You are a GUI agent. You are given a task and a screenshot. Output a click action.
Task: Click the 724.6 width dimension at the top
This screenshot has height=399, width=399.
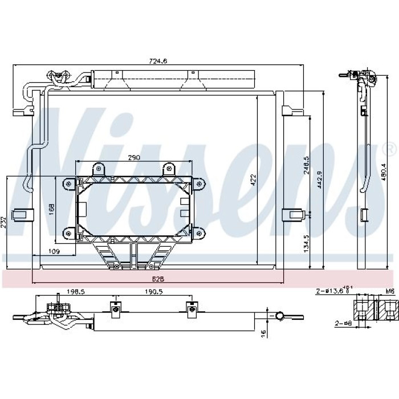coord(158,61)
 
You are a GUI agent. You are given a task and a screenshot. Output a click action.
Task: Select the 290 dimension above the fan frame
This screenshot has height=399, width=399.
coord(134,158)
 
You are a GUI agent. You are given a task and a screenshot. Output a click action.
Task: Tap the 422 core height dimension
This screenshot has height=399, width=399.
coord(253,180)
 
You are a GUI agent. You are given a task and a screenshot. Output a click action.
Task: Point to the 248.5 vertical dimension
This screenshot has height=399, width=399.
coord(306,165)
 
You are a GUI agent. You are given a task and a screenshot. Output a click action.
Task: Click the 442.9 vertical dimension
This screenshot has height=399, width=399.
coord(320,180)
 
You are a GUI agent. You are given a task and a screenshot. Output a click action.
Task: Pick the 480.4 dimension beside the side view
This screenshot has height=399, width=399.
coord(384,172)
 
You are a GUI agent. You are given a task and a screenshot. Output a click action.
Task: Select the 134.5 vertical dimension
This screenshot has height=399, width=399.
coord(306,243)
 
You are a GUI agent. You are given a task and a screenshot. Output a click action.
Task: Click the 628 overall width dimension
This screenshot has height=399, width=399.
coord(158,279)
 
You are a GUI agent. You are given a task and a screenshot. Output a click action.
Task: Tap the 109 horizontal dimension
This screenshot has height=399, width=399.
coord(54,252)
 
